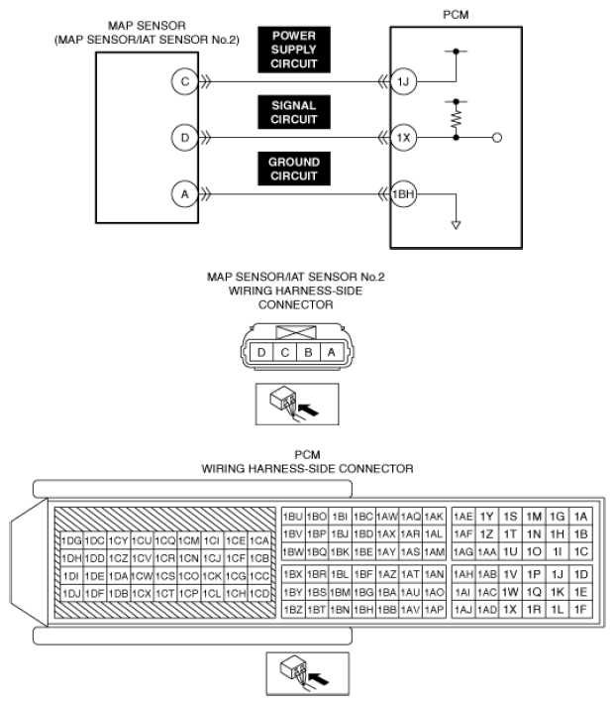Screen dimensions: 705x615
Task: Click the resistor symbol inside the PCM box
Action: tap(456, 119)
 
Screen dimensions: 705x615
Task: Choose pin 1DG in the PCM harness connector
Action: tap(72, 540)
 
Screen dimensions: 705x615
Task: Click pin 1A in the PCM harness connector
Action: tap(581, 517)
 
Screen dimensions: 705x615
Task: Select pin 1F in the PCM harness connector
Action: tap(581, 609)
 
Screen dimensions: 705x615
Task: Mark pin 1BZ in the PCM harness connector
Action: tap(293, 609)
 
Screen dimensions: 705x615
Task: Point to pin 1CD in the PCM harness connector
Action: tap(260, 593)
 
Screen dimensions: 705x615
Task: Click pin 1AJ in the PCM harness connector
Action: tap(462, 609)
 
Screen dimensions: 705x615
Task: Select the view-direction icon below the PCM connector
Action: tap(306, 674)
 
